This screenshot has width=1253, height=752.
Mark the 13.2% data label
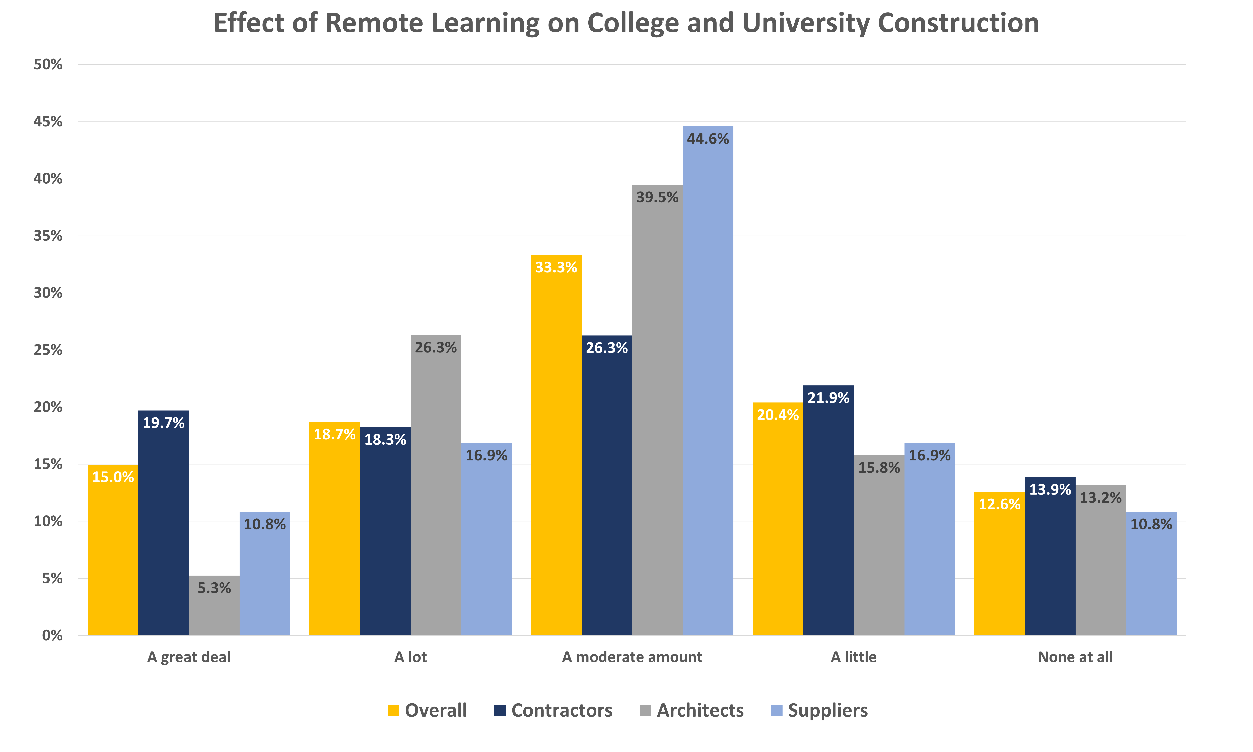pyautogui.click(x=1100, y=498)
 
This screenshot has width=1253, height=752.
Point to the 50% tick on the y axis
pyautogui.click(x=48, y=64)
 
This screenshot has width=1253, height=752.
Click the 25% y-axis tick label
pyautogui.click(x=48, y=350)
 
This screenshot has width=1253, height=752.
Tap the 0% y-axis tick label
pyautogui.click(x=52, y=635)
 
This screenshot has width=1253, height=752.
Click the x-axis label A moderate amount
pyautogui.click(x=632, y=657)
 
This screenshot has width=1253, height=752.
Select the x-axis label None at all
pyautogui.click(x=1075, y=657)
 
